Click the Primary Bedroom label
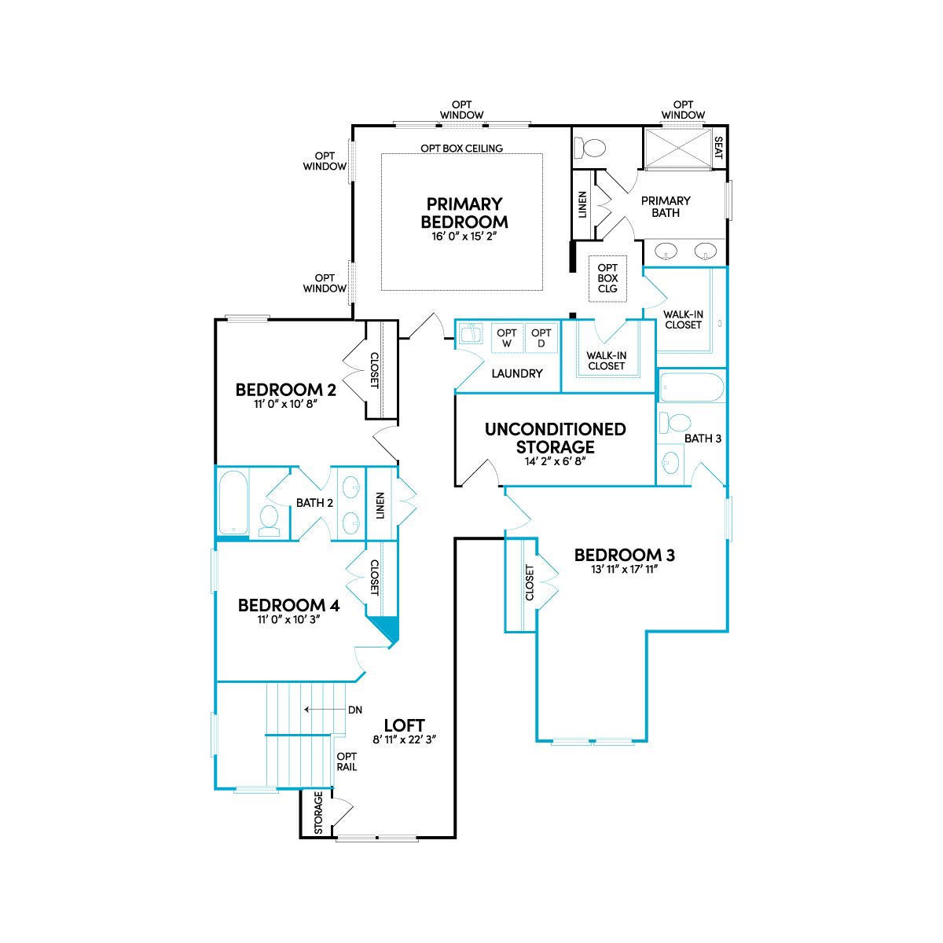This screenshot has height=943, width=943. [x=464, y=213]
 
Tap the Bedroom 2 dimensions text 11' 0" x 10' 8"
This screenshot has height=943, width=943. [x=286, y=404]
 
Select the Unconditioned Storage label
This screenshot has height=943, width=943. [x=555, y=438]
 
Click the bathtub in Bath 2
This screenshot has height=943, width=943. [x=233, y=502]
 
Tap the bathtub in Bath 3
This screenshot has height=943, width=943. [x=692, y=387]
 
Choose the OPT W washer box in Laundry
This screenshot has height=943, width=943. [x=507, y=338]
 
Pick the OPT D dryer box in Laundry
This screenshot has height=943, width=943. [x=541, y=338]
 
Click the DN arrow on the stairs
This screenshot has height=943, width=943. [x=325, y=710]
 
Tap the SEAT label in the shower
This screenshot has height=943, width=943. [x=718, y=147]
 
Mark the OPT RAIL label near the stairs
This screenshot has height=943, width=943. [x=347, y=762]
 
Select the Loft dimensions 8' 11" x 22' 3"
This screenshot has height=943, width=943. [x=404, y=739]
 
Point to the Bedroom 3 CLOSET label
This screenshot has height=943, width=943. [x=530, y=582]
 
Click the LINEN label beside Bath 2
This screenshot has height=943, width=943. [x=380, y=505]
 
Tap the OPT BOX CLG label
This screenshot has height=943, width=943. [x=607, y=278]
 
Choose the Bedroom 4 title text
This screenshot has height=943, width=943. [x=288, y=605]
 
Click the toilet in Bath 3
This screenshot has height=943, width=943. [x=674, y=423]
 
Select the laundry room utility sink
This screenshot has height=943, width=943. [x=470, y=334]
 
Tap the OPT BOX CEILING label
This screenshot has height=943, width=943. [x=461, y=148]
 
